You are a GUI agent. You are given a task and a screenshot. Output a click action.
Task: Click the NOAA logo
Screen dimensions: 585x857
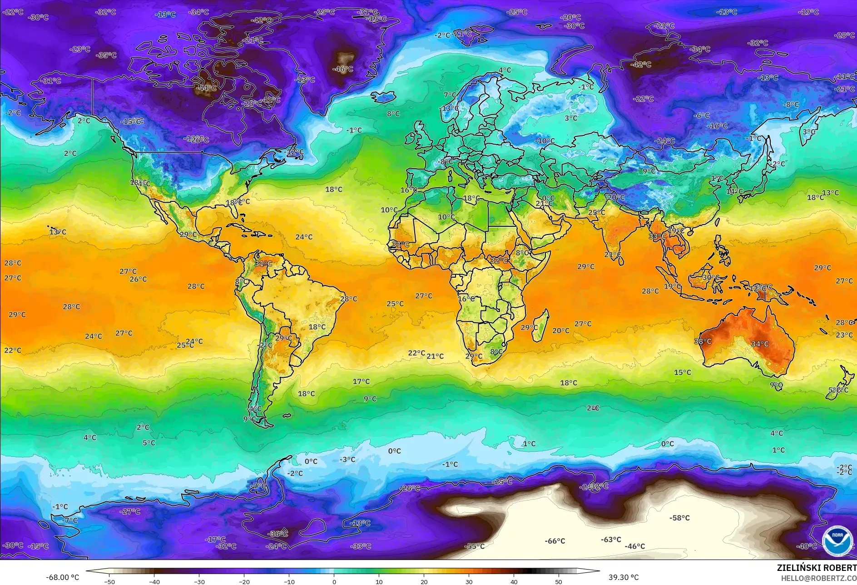click(837, 540)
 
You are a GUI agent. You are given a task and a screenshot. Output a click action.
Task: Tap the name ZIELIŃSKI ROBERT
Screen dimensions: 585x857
click(816, 568)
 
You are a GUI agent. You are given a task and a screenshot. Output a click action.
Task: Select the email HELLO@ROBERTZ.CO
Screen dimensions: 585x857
click(818, 578)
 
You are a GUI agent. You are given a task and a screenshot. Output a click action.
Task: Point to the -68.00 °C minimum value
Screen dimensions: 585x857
click(62, 577)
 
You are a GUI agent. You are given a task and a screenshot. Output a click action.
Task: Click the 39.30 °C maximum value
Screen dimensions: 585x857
click(624, 577)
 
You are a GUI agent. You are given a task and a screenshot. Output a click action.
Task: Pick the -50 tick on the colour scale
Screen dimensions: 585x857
click(109, 581)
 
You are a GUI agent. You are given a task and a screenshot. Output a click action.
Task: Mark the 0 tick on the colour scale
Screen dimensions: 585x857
click(334, 581)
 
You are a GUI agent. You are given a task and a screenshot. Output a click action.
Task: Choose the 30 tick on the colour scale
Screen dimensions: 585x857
click(469, 581)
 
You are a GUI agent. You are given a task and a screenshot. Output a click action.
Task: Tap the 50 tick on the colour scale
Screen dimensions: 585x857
click(559, 581)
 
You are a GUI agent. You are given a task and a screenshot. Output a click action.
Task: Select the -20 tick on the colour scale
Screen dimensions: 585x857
click(244, 581)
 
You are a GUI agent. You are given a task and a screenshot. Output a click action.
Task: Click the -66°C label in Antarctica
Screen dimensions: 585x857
click(555, 541)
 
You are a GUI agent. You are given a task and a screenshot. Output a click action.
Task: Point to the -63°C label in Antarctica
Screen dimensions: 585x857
click(611, 540)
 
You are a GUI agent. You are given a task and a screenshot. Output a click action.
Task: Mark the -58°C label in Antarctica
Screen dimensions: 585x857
click(679, 518)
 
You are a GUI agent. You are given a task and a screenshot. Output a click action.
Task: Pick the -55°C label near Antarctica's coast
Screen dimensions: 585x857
click(475, 546)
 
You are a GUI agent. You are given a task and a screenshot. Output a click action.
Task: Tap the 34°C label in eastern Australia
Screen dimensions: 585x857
click(760, 344)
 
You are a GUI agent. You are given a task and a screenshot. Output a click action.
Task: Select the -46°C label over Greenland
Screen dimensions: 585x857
click(343, 69)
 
